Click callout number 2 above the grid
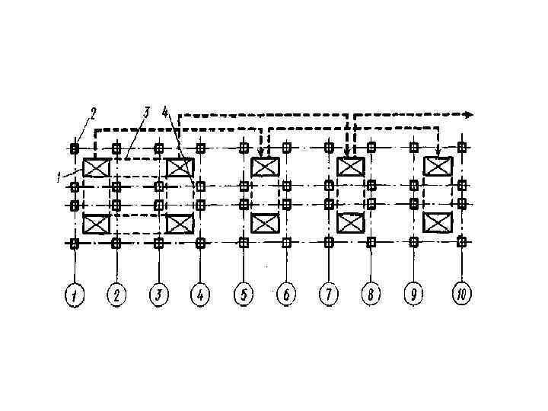click(x=93, y=114)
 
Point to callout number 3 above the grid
click(x=145, y=113)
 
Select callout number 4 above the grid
click(x=165, y=113)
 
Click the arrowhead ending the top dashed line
click(x=469, y=115)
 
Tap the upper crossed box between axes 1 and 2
click(x=97, y=167)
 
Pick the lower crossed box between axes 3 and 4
click(x=180, y=224)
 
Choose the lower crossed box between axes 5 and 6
click(x=265, y=224)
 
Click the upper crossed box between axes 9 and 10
click(x=438, y=166)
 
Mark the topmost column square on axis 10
click(x=461, y=147)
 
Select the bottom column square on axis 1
click(x=75, y=243)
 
